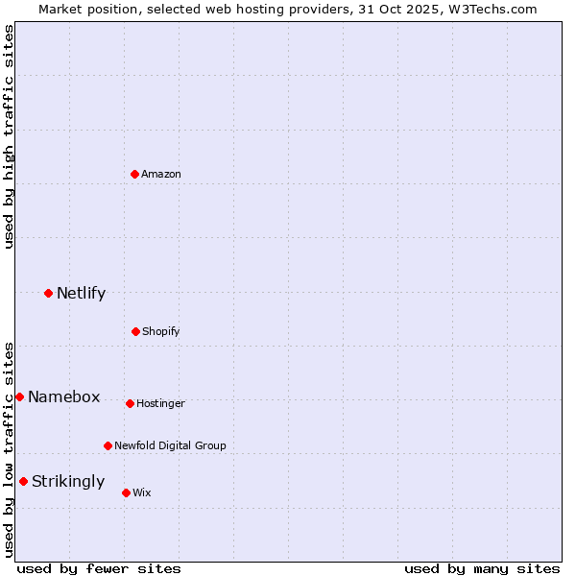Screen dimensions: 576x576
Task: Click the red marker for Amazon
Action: tap(135, 174)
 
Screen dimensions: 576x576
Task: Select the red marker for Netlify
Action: tap(48, 293)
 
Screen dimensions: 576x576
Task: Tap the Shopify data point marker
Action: tap(135, 331)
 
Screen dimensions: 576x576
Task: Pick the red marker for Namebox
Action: tap(19, 396)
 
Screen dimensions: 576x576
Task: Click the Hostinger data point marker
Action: tap(130, 403)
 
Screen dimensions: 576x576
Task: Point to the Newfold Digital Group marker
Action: tap(108, 445)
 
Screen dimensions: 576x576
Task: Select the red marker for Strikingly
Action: tap(23, 481)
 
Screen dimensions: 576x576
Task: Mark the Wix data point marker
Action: tap(126, 492)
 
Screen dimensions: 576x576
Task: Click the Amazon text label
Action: tap(161, 174)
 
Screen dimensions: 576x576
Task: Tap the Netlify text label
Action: tap(81, 293)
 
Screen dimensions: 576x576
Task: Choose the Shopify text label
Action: tap(161, 331)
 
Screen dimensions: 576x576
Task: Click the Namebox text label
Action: tap(63, 396)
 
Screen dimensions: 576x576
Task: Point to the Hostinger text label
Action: tap(160, 403)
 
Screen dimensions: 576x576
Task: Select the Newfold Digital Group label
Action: tap(170, 445)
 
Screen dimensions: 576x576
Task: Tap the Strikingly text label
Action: tap(68, 481)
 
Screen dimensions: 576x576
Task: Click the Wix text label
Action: tap(142, 492)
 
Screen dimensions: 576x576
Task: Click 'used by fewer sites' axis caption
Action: tap(99, 568)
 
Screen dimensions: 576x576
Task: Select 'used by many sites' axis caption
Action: tap(482, 568)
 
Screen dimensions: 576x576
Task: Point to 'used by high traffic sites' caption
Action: tap(9, 136)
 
